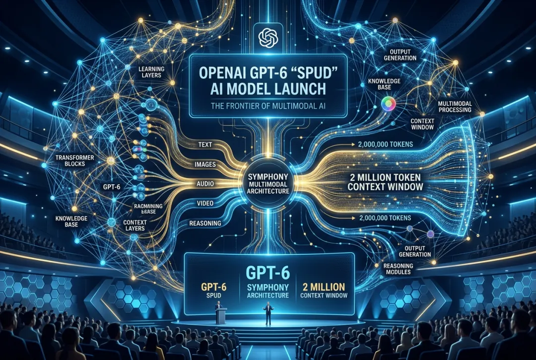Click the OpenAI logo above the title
pos(268,37)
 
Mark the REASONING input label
pos(205,223)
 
